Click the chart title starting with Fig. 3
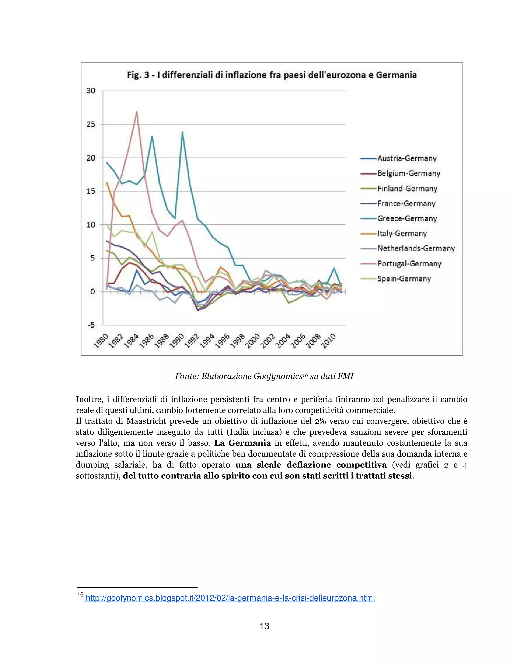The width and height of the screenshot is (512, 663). coord(272,75)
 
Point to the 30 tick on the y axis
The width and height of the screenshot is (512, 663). coord(91,91)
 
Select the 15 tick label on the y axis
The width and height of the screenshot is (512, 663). coord(91,191)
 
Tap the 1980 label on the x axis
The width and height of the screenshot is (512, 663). coord(101,341)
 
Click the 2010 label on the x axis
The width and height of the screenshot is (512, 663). coord(328,341)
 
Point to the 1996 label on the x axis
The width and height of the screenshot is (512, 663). coord(222,341)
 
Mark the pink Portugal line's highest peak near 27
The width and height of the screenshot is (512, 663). coord(137,112)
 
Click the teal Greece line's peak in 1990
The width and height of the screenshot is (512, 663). coord(182,132)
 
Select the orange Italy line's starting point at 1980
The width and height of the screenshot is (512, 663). coord(107,182)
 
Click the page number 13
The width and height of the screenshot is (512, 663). coord(264,626)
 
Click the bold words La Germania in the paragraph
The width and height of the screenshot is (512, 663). coord(243,443)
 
